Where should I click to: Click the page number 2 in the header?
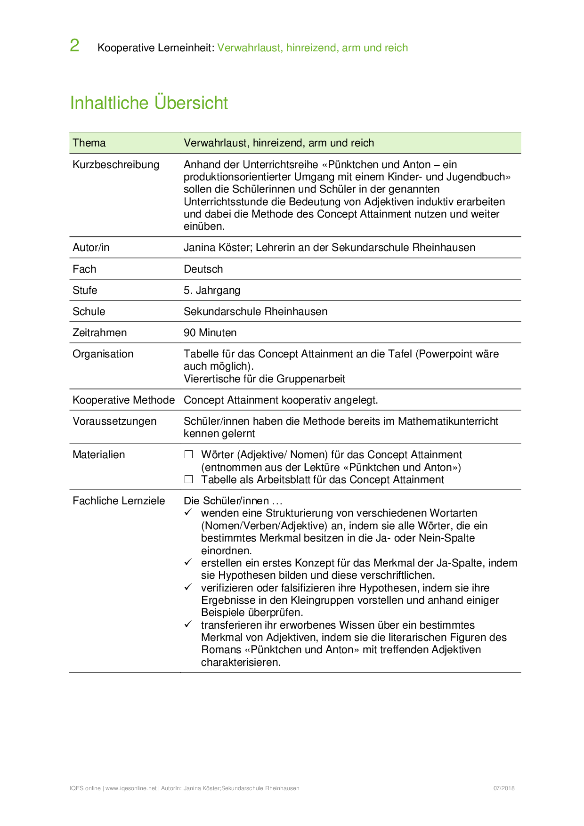(x=74, y=46)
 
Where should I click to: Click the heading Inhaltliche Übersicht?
(x=149, y=103)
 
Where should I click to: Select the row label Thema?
(x=89, y=143)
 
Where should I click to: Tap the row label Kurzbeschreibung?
(x=116, y=165)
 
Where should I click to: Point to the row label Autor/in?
(x=91, y=248)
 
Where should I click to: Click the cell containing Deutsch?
(x=203, y=269)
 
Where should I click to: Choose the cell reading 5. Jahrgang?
(x=212, y=291)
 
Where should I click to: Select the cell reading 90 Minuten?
(x=210, y=333)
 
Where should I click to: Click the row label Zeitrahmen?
(x=99, y=333)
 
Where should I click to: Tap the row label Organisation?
(x=103, y=354)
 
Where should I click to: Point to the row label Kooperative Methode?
(x=123, y=400)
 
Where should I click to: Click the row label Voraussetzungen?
(x=114, y=421)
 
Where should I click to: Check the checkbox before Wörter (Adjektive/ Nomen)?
(x=189, y=454)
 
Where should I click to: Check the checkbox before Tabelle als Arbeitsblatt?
(x=189, y=479)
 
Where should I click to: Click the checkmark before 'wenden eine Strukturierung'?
(x=188, y=512)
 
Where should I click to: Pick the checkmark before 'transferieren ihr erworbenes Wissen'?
(x=188, y=624)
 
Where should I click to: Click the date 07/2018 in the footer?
(x=504, y=788)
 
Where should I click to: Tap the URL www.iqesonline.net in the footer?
(x=131, y=788)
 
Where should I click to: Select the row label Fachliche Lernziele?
(x=119, y=501)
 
